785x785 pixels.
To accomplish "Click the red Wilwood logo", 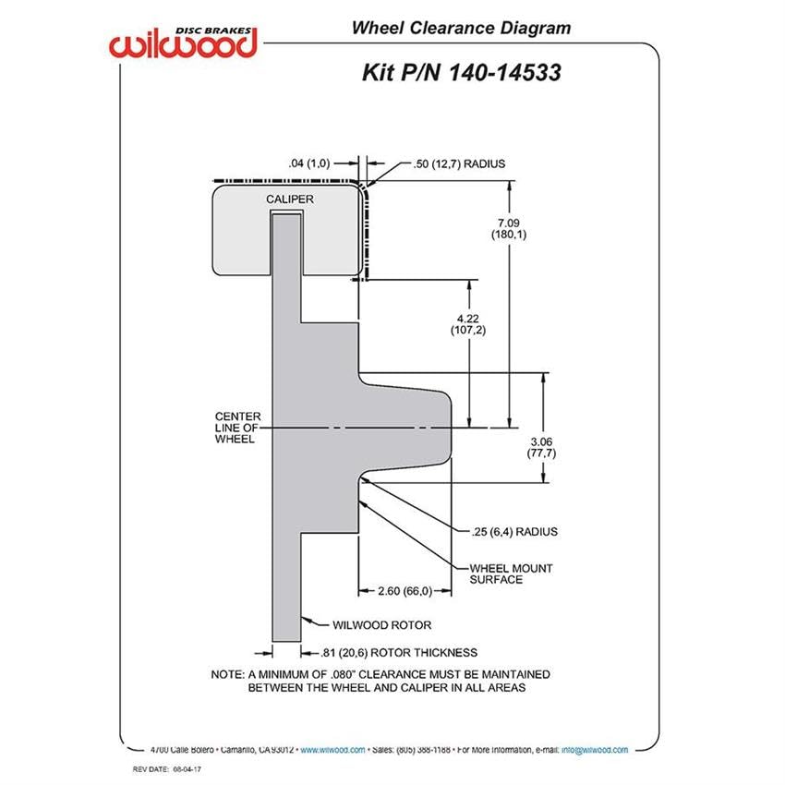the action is click(x=183, y=42).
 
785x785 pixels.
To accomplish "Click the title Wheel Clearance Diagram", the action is click(x=461, y=28).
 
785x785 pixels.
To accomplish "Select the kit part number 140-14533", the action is click(x=504, y=73).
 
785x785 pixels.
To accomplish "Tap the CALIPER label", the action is click(x=290, y=199).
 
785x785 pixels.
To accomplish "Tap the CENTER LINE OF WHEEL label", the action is click(x=237, y=428).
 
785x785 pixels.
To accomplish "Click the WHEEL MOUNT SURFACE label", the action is click(x=511, y=574).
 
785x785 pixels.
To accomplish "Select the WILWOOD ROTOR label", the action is click(x=382, y=625).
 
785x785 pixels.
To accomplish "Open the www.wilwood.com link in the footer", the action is click(x=332, y=750).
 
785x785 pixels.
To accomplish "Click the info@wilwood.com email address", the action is click(x=595, y=750).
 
